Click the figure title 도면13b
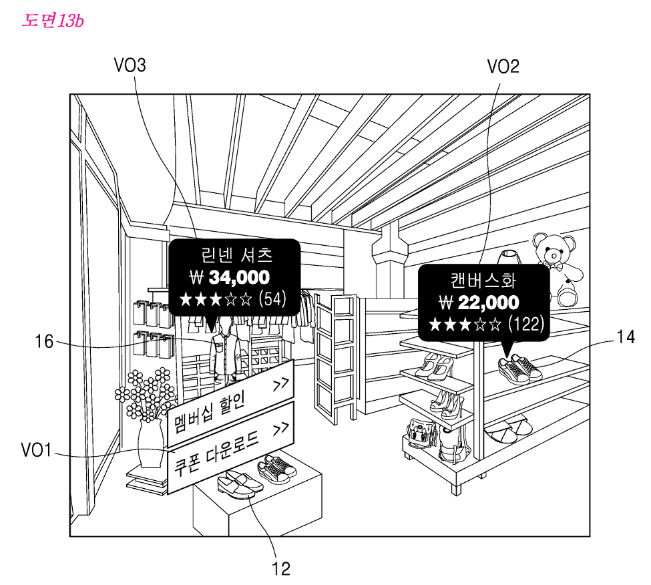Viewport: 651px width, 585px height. point(53,20)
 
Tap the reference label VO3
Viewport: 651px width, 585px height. point(130,65)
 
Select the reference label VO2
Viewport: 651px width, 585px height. point(503,66)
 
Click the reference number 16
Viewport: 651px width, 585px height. point(44,343)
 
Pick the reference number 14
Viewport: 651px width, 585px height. point(625,337)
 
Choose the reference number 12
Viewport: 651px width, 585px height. point(281,568)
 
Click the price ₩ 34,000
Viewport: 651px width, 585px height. point(230,277)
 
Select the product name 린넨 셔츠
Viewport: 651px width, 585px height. point(236,254)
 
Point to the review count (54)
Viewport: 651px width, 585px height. point(272,298)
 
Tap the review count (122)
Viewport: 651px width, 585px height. point(526,325)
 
